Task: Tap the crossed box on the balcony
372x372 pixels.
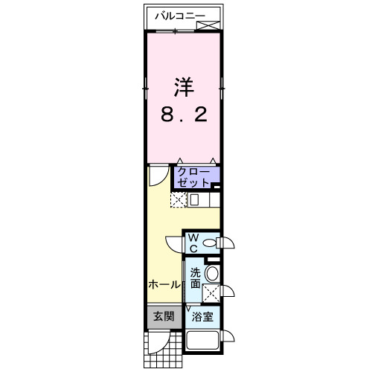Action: [x=209, y=25]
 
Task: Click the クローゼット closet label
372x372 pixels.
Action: [x=195, y=177]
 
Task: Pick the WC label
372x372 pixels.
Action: [x=192, y=243]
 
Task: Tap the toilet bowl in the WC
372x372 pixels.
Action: [x=210, y=243]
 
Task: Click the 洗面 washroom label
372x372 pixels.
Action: [x=194, y=278]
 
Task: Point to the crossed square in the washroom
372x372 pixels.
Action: [x=211, y=292]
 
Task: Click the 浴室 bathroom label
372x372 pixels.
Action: [x=202, y=317]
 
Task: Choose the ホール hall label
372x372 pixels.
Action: [x=164, y=284]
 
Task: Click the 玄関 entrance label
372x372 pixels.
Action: [x=164, y=316]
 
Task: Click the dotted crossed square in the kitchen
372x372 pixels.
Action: [x=179, y=199]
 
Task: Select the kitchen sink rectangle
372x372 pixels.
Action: [x=194, y=199]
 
